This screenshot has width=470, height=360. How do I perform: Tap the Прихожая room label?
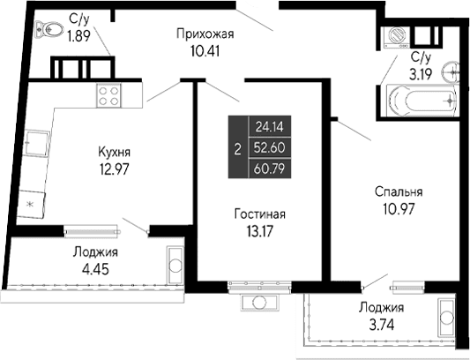205,34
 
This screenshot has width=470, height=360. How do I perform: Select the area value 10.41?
205,50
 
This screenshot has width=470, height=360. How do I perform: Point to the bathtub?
415,101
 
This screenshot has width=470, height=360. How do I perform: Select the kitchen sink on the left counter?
36,141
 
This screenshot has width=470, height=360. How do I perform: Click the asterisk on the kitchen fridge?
30,205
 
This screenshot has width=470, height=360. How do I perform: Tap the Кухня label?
115,153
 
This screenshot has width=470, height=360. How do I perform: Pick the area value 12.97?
115,169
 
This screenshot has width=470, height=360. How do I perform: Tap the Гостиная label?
259,214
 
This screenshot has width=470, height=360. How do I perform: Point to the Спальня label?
393,191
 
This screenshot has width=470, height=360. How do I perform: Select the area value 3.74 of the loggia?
381,324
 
